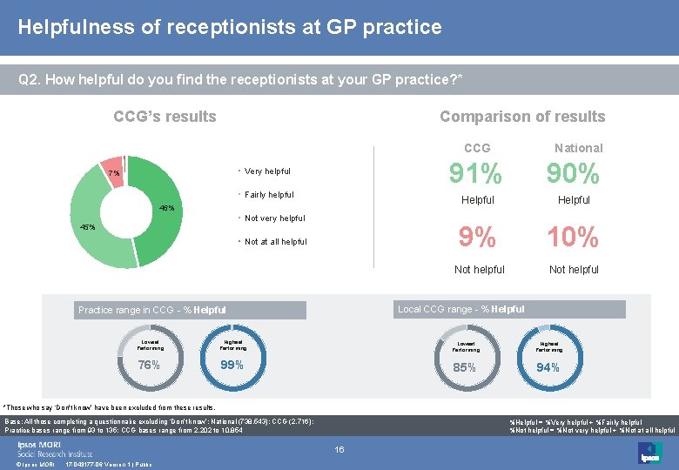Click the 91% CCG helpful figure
tap(475, 175)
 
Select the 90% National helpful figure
tap(573, 175)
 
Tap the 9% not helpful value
tap(477, 237)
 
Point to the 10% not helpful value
tap(573, 237)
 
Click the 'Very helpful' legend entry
tap(267, 171)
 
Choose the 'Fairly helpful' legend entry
tap(269, 195)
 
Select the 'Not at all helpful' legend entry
tap(275, 242)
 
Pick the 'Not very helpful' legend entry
tap(274, 218)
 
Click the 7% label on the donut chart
tap(113, 172)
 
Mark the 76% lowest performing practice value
tap(149, 365)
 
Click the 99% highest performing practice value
tap(232, 365)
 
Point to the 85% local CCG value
tap(464, 367)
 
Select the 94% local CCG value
tap(547, 367)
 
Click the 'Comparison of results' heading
tap(522, 117)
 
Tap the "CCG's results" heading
tap(165, 117)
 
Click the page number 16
tap(340, 449)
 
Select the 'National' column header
tap(578, 148)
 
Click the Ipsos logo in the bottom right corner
tap(649, 452)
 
